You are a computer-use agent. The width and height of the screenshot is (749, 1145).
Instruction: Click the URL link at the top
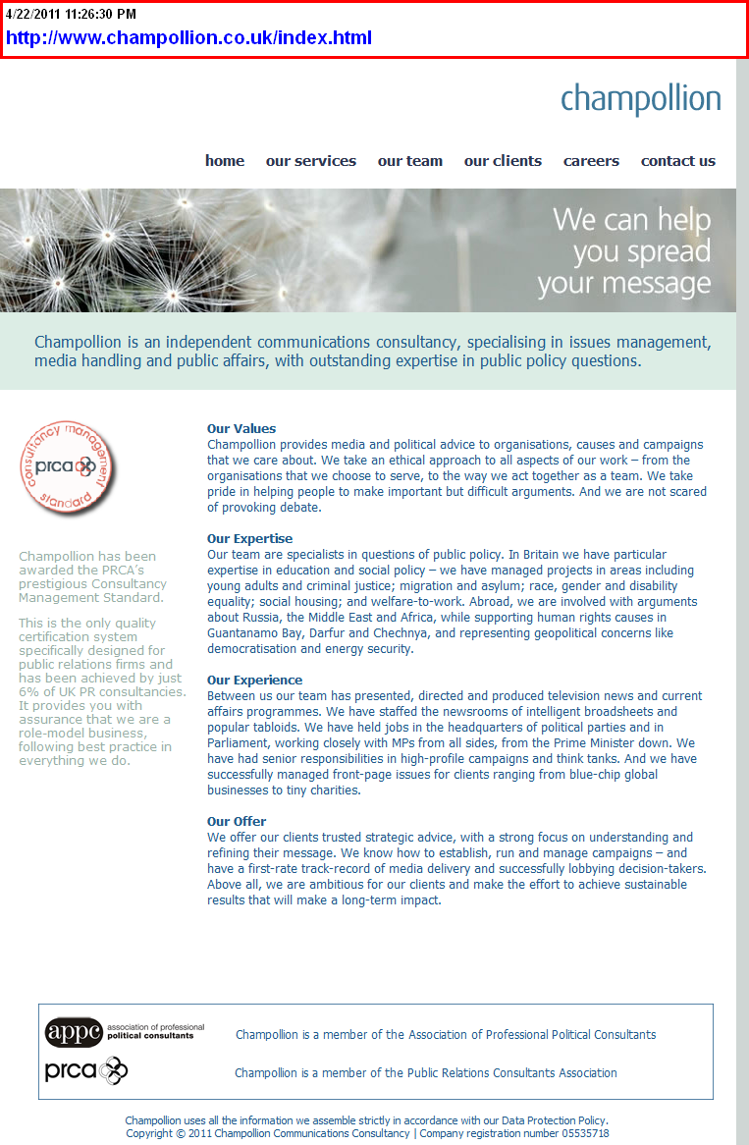point(188,38)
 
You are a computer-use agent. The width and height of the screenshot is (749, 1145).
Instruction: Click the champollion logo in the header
point(640,99)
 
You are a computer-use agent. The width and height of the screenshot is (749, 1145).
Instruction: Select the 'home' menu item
point(225,161)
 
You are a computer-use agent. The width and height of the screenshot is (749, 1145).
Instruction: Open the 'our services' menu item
point(310,161)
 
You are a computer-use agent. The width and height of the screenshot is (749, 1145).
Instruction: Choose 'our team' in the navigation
point(409,161)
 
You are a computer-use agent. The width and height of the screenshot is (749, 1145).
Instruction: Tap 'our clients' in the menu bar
point(503,161)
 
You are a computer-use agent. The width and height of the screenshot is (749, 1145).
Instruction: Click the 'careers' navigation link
point(591,161)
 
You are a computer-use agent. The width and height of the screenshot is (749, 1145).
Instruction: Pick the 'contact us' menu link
point(677,161)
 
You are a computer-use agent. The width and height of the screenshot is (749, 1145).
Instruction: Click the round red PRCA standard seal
point(66,465)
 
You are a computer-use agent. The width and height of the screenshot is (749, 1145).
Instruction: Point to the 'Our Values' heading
point(241,428)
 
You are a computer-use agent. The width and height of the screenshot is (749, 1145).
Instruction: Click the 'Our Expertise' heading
point(249,538)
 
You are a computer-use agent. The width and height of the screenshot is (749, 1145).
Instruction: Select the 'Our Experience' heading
point(254,680)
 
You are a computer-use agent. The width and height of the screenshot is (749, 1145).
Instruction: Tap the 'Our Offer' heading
point(237,821)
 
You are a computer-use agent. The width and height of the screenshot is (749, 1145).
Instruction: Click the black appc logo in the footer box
point(74,1033)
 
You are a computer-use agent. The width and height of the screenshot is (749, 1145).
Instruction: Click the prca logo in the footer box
point(86,1070)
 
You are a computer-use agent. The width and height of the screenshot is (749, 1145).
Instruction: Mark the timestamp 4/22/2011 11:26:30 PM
point(71,14)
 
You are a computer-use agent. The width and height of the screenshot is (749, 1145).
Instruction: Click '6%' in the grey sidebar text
point(28,691)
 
